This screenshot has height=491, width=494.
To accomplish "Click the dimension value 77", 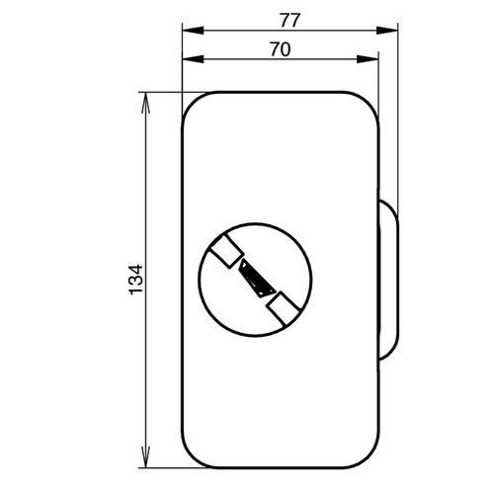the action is click(289, 20).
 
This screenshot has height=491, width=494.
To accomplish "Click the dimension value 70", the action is click(281, 49).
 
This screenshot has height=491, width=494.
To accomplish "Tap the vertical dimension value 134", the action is click(136, 280).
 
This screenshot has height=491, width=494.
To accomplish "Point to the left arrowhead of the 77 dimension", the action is click(193, 31).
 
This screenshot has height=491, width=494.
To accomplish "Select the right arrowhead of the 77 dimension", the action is click(387, 31).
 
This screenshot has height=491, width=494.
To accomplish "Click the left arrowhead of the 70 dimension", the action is click(193, 59).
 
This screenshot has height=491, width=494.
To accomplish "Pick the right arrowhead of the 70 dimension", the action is click(368, 59).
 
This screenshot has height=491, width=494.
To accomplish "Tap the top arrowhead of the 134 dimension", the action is click(145, 103).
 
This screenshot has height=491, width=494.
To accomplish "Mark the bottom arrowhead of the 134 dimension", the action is click(145, 456).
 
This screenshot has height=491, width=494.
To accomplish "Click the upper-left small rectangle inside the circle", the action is click(227, 252).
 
